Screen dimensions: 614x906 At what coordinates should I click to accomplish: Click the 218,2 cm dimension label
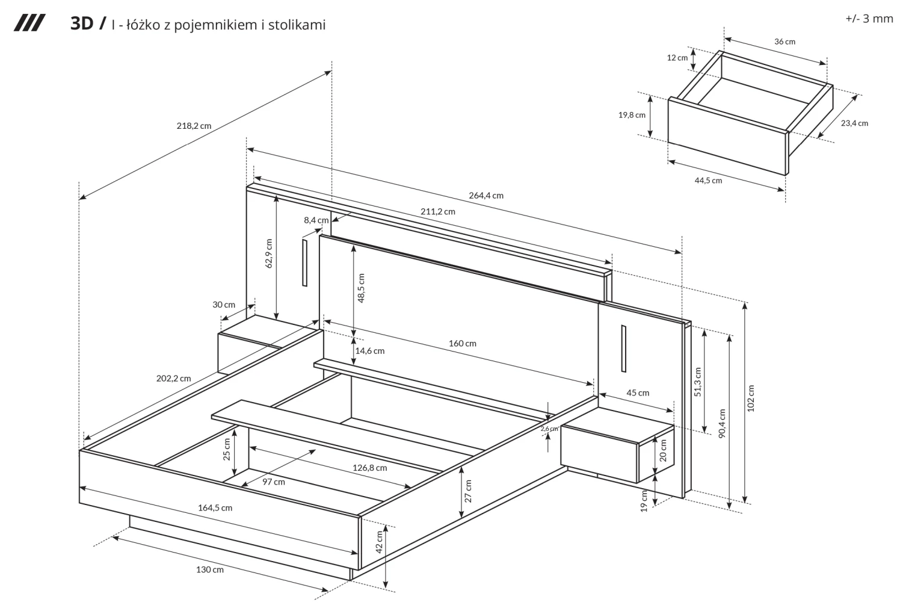194,126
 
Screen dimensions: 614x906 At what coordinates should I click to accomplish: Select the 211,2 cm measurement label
437,211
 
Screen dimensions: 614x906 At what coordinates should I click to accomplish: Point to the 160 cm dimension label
462,343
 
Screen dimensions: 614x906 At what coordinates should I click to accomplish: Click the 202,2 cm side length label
173,378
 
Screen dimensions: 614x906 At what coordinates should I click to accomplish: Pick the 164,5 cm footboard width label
215,507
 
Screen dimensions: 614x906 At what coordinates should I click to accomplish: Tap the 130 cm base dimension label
210,569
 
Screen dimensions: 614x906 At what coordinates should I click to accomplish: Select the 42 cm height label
379,542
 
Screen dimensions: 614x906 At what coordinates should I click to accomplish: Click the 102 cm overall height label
751,398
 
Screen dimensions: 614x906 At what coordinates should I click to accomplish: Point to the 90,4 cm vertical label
722,424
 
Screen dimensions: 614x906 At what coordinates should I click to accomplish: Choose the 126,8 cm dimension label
369,467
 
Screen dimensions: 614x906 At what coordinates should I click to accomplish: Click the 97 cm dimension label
274,482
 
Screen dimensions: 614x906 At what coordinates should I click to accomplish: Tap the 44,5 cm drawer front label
708,180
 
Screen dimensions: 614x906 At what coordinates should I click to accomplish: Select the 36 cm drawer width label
784,42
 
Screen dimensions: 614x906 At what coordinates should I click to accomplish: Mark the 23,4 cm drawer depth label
854,123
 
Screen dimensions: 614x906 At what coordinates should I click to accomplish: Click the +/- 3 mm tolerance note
869,18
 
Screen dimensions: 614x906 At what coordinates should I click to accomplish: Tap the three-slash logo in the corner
29,24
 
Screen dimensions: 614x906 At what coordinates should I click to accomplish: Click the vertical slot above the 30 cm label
305,262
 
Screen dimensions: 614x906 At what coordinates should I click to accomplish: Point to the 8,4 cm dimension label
316,220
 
